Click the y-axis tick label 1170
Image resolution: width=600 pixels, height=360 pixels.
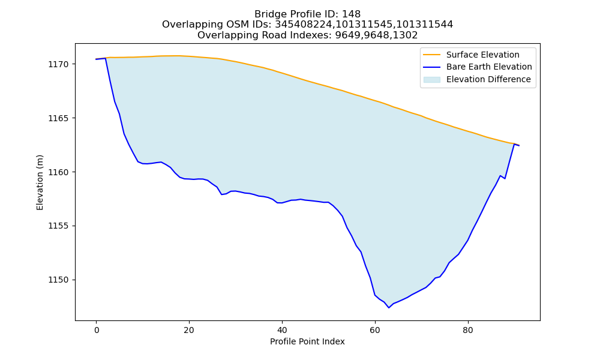58,64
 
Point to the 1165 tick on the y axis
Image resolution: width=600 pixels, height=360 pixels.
58,118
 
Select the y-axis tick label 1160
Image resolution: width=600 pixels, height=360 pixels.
58,172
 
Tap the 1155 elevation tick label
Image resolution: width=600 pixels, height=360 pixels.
58,226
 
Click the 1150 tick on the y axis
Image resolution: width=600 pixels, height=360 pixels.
58,280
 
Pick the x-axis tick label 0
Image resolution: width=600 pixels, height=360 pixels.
97,330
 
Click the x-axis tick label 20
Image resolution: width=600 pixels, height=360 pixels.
189,330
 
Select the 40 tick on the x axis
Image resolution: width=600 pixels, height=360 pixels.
282,330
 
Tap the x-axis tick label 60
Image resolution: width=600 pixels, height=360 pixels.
375,330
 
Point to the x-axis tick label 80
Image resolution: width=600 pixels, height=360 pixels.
468,330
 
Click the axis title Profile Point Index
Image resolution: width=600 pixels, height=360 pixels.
307,341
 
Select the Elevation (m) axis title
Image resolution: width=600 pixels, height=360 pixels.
40,182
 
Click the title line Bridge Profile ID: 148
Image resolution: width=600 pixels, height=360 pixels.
307,14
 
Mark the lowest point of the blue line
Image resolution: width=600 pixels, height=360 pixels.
389,308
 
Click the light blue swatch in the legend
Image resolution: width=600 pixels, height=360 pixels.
431,80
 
